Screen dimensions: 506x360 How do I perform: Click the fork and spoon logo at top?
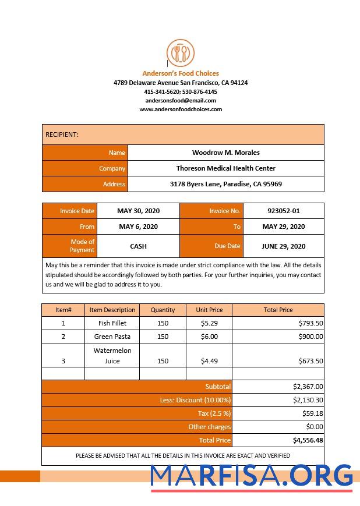pos(181,53)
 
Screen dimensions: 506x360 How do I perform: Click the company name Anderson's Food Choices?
pos(181,73)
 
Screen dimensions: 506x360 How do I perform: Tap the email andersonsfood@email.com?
pos(181,100)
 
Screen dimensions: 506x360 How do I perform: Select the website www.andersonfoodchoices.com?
pos(181,109)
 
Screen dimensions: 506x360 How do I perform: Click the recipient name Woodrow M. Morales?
pos(226,153)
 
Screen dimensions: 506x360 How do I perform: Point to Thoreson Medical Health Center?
pos(226,168)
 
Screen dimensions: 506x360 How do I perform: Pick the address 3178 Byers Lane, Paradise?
pos(226,184)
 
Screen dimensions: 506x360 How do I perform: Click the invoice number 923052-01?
pos(284,211)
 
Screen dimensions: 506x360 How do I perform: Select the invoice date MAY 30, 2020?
pos(138,211)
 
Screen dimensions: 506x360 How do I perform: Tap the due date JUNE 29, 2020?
pos(284,246)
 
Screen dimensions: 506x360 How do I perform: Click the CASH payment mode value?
pos(138,246)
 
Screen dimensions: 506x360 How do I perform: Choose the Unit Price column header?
pos(209,310)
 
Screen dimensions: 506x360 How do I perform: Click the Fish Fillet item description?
pos(112,323)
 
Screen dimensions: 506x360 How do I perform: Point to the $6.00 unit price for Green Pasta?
pos(209,337)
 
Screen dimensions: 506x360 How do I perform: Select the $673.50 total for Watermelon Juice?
pos(310,361)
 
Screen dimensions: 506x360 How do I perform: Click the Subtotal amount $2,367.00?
pos(308,386)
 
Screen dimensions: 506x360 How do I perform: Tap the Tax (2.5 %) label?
pos(214,413)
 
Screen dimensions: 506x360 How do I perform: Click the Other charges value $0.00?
pos(314,427)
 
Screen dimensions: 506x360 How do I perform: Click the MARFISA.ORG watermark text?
pos(252,476)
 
